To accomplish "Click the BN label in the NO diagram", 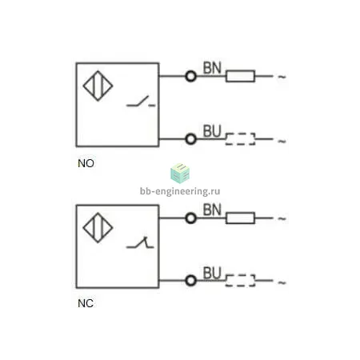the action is (x=212, y=68).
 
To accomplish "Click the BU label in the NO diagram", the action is (x=212, y=131).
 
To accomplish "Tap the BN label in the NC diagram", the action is (x=212, y=210).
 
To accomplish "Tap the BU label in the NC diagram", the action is (x=212, y=273).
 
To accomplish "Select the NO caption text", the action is (x=86, y=163).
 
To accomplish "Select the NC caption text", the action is (x=86, y=303).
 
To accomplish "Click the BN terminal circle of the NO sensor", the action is (x=190, y=76).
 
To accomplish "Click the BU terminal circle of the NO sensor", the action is (x=190, y=139).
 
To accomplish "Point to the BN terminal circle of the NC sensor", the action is (x=190, y=218).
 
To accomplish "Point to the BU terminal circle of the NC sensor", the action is (x=190, y=281).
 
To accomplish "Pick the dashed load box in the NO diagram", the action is (x=240, y=134).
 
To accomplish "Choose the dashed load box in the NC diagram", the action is (x=240, y=275).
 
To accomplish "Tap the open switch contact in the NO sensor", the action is (x=140, y=102).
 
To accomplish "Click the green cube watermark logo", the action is (x=180, y=174).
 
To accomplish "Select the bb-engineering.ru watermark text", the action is (x=180, y=191).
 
